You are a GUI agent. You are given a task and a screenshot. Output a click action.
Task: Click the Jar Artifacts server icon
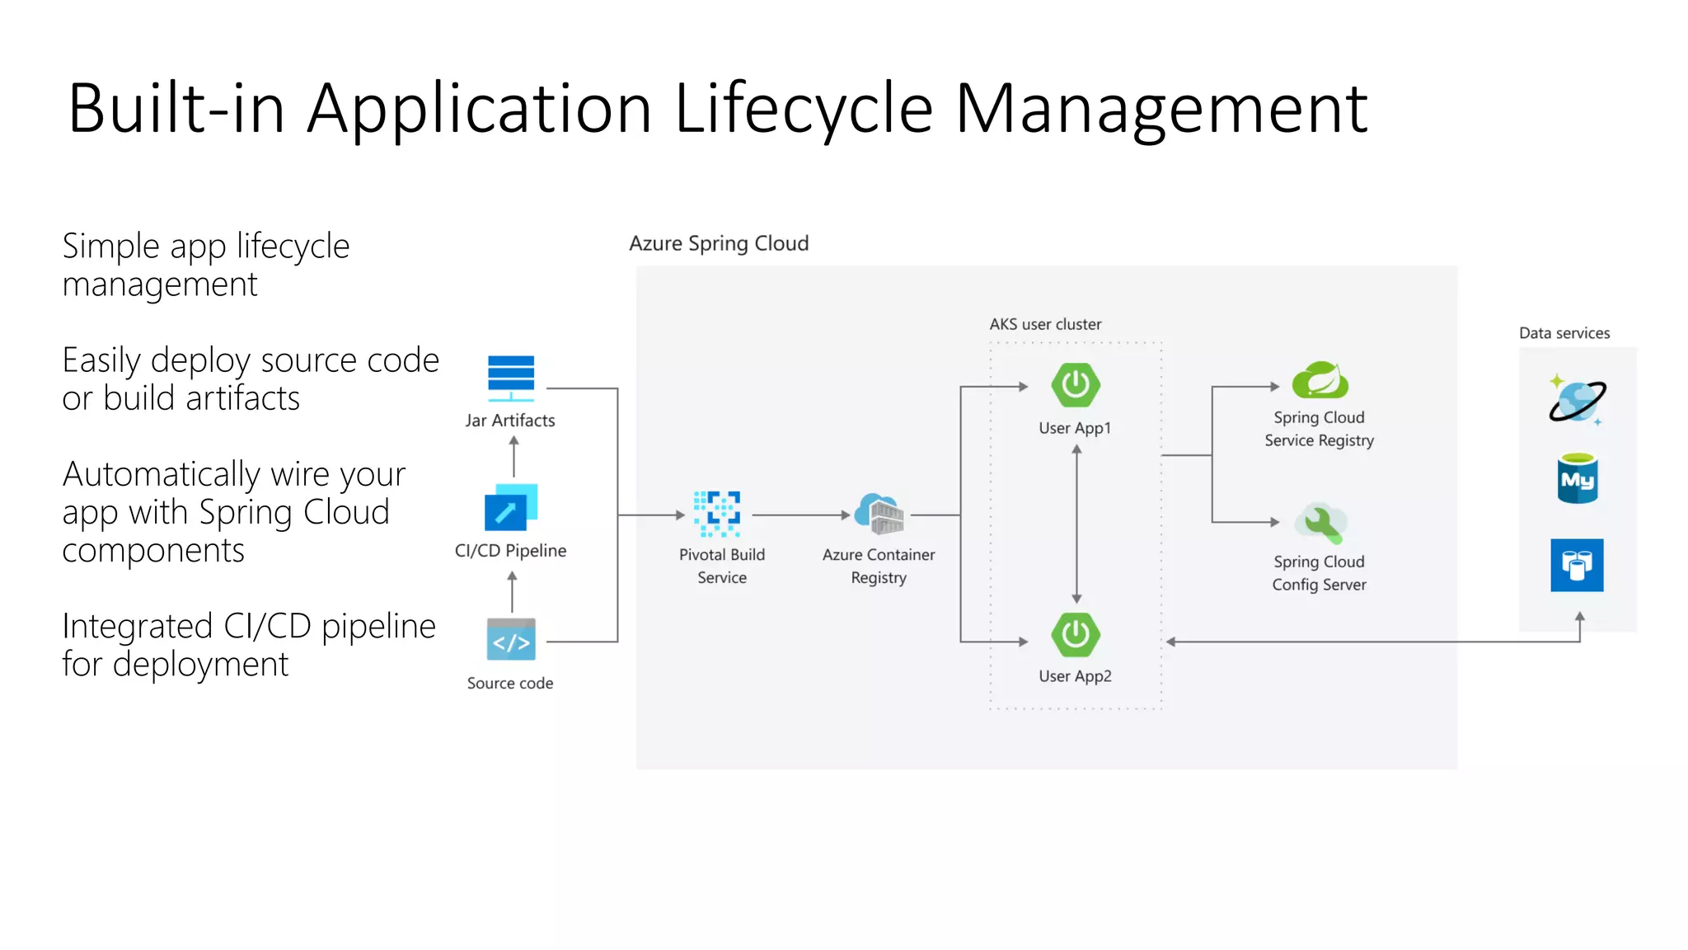click(x=511, y=377)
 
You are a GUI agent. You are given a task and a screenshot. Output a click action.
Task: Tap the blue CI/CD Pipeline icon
click(x=510, y=507)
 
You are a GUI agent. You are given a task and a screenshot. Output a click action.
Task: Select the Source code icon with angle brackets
click(x=511, y=640)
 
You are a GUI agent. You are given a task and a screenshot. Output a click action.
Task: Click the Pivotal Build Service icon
click(x=717, y=514)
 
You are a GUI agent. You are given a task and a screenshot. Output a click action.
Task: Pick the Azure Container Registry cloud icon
click(x=879, y=514)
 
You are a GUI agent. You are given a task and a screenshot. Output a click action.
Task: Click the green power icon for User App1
click(x=1076, y=385)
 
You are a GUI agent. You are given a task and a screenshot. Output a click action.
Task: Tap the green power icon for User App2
click(x=1076, y=634)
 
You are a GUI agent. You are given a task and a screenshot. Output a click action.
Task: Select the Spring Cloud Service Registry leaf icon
click(x=1320, y=380)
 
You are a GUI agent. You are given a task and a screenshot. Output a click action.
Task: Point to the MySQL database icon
click(x=1578, y=478)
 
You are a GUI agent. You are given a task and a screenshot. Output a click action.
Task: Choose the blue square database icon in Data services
click(x=1577, y=565)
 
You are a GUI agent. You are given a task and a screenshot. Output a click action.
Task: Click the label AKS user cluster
click(x=1045, y=324)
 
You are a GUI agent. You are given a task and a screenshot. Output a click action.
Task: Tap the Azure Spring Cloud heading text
click(x=719, y=243)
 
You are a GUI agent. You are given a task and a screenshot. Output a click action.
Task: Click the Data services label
click(x=1564, y=333)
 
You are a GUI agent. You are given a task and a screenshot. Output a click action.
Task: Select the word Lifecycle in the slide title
click(x=804, y=109)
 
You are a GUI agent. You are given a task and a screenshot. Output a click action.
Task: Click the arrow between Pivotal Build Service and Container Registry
click(x=799, y=515)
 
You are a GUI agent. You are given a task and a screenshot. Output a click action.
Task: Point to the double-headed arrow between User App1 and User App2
click(x=1076, y=524)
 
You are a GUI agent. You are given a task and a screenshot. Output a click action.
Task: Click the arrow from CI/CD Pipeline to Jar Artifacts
click(x=514, y=456)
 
